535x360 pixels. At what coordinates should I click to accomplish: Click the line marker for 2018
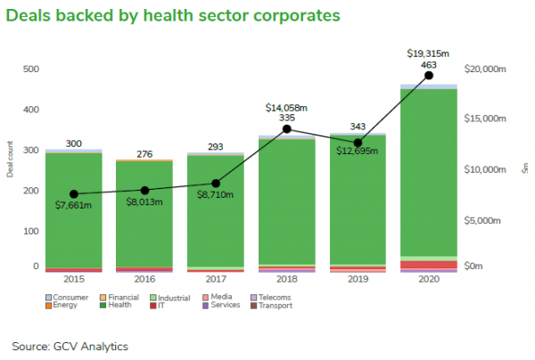coord(287,128)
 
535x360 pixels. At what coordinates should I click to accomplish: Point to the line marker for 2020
coord(429,76)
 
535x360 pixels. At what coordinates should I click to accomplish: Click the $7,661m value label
coord(73,206)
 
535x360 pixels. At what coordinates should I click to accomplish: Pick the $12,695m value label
coord(357,151)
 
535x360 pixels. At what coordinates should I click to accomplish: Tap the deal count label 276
coord(144,153)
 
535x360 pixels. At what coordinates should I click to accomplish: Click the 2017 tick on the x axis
coord(215,279)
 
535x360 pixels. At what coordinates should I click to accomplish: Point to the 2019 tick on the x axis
coord(357,279)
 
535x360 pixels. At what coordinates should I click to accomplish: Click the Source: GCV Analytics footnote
coord(70,346)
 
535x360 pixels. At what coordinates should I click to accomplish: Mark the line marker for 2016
coord(144,190)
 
